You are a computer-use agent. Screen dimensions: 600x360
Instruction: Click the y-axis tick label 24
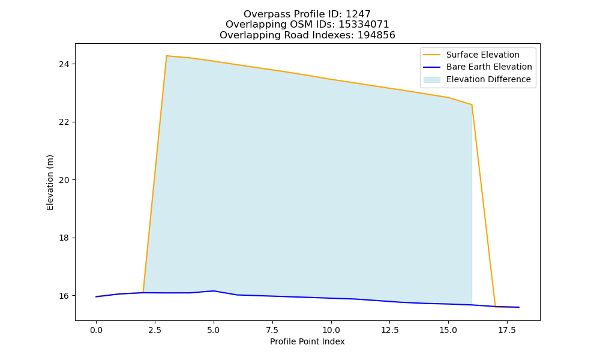[x=64, y=64]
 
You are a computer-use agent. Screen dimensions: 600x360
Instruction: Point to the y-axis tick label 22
[x=64, y=122]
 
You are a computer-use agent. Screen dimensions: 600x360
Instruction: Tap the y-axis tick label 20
[x=64, y=180]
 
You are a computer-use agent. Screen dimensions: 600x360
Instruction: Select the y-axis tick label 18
[x=64, y=238]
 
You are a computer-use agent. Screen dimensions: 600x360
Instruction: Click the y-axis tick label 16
[x=64, y=296]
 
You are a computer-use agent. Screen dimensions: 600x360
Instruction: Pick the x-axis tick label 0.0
[x=96, y=330]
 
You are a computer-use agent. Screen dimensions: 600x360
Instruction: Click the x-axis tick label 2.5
[x=155, y=330]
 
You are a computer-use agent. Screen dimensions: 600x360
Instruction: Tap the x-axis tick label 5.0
[x=214, y=330]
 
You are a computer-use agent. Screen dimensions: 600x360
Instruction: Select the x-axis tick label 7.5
[x=272, y=330]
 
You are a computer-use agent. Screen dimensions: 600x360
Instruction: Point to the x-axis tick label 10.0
[x=331, y=330]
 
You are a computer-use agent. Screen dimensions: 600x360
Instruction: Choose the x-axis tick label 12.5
[x=389, y=330]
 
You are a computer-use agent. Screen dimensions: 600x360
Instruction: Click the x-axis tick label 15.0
[x=448, y=330]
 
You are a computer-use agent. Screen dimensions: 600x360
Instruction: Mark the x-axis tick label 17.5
[x=507, y=330]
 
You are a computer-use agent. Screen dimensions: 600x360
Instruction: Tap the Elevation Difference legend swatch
[x=431, y=80]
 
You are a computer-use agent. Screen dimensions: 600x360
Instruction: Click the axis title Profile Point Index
[x=307, y=341]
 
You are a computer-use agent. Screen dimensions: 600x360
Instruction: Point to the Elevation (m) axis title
[x=50, y=182]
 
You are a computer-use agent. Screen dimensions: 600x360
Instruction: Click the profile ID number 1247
[x=358, y=14]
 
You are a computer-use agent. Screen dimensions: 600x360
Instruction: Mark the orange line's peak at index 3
[x=166, y=56]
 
